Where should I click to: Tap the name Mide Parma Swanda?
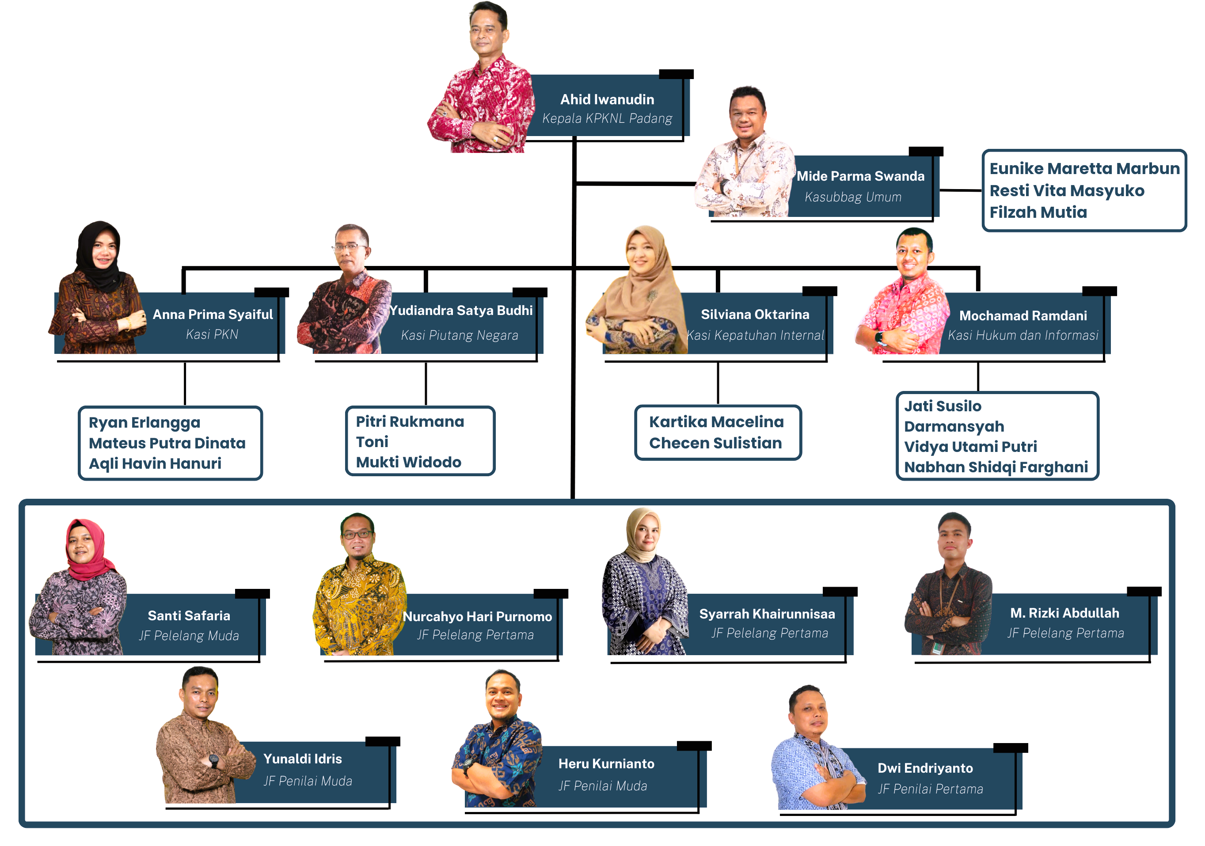pos(860,176)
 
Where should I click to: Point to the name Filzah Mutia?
pos(1038,212)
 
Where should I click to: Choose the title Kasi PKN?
pos(212,334)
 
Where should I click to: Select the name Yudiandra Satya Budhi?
pos(461,311)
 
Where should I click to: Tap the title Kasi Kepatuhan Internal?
pos(755,335)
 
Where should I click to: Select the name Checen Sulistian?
pos(715,444)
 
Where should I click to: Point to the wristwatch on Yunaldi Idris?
pos(213,760)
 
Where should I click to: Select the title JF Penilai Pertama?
pos(930,789)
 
